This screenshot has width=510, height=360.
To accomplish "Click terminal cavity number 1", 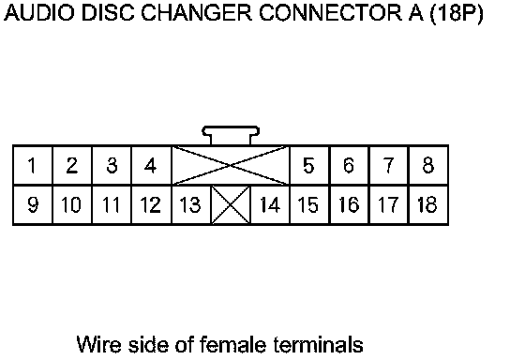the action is pos(33,166).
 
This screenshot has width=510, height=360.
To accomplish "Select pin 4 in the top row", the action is pos(151,166).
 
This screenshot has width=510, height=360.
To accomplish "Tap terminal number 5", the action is pos(309,166).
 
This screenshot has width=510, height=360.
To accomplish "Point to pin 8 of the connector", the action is pos(428,166).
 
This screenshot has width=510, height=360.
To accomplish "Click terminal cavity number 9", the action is pos(33,205).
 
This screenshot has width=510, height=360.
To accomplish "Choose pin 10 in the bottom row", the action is pos(72,205).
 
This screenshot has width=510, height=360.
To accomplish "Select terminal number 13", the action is pos(191,205).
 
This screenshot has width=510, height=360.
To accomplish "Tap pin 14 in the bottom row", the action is pos(270,205).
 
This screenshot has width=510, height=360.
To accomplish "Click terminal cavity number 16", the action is pos(349,205).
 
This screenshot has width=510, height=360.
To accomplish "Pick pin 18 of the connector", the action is pos(428,205).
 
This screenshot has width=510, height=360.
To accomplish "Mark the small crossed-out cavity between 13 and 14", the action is pos(231,205).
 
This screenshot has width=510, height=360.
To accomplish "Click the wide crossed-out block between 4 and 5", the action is pos(231,166).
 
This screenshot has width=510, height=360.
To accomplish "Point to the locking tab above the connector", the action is pos(231,135).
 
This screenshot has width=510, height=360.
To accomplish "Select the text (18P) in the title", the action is pos(457,14).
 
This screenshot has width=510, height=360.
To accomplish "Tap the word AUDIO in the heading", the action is pos(39,13).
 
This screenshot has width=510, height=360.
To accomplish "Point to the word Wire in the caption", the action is pos(99,344).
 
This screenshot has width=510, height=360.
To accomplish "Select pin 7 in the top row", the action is pos(389,166).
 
